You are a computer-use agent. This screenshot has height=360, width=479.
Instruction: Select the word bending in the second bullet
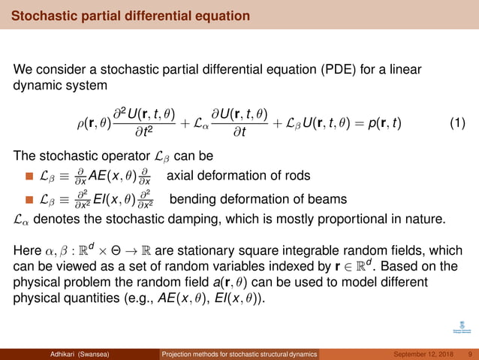pyautogui.click(x=192, y=199)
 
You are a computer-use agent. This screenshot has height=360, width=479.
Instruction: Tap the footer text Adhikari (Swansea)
pyautogui.click(x=77, y=354)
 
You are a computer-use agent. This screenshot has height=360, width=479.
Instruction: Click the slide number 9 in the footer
pyautogui.click(x=469, y=354)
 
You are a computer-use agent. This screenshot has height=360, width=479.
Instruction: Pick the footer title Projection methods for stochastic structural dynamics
pyautogui.click(x=239, y=354)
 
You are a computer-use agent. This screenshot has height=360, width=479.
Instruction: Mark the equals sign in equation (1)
pyautogui.click(x=344, y=123)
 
